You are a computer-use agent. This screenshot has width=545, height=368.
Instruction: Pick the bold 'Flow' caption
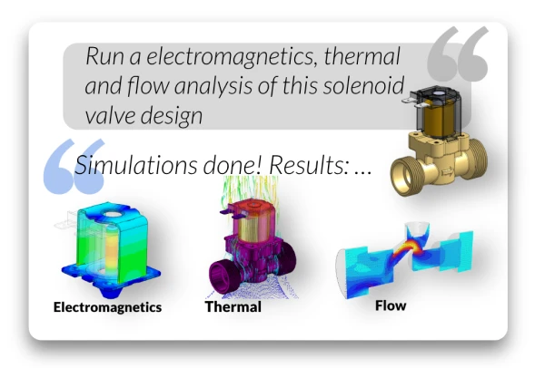pos(391,305)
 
